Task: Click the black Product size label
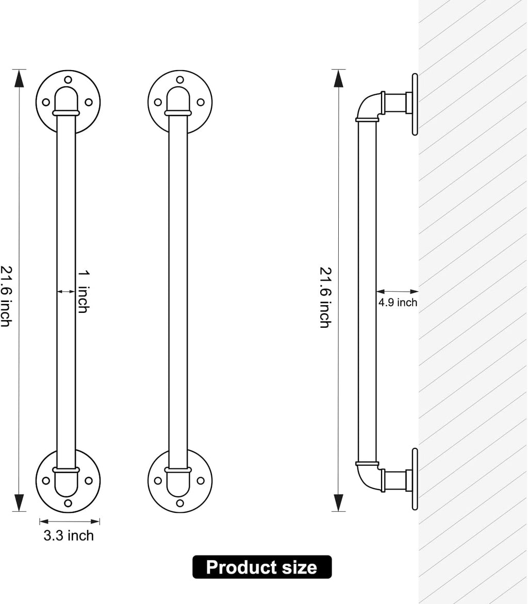click(x=262, y=566)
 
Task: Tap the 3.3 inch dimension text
click(x=69, y=535)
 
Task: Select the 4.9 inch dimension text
click(x=398, y=303)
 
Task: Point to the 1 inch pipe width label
click(x=83, y=292)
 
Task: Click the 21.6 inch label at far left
click(x=6, y=296)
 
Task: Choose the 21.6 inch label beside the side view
click(x=325, y=297)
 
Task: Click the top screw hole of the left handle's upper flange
click(x=68, y=80)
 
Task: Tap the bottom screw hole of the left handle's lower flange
click(x=68, y=503)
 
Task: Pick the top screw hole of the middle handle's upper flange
click(x=180, y=80)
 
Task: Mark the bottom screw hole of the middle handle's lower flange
click(x=180, y=503)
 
